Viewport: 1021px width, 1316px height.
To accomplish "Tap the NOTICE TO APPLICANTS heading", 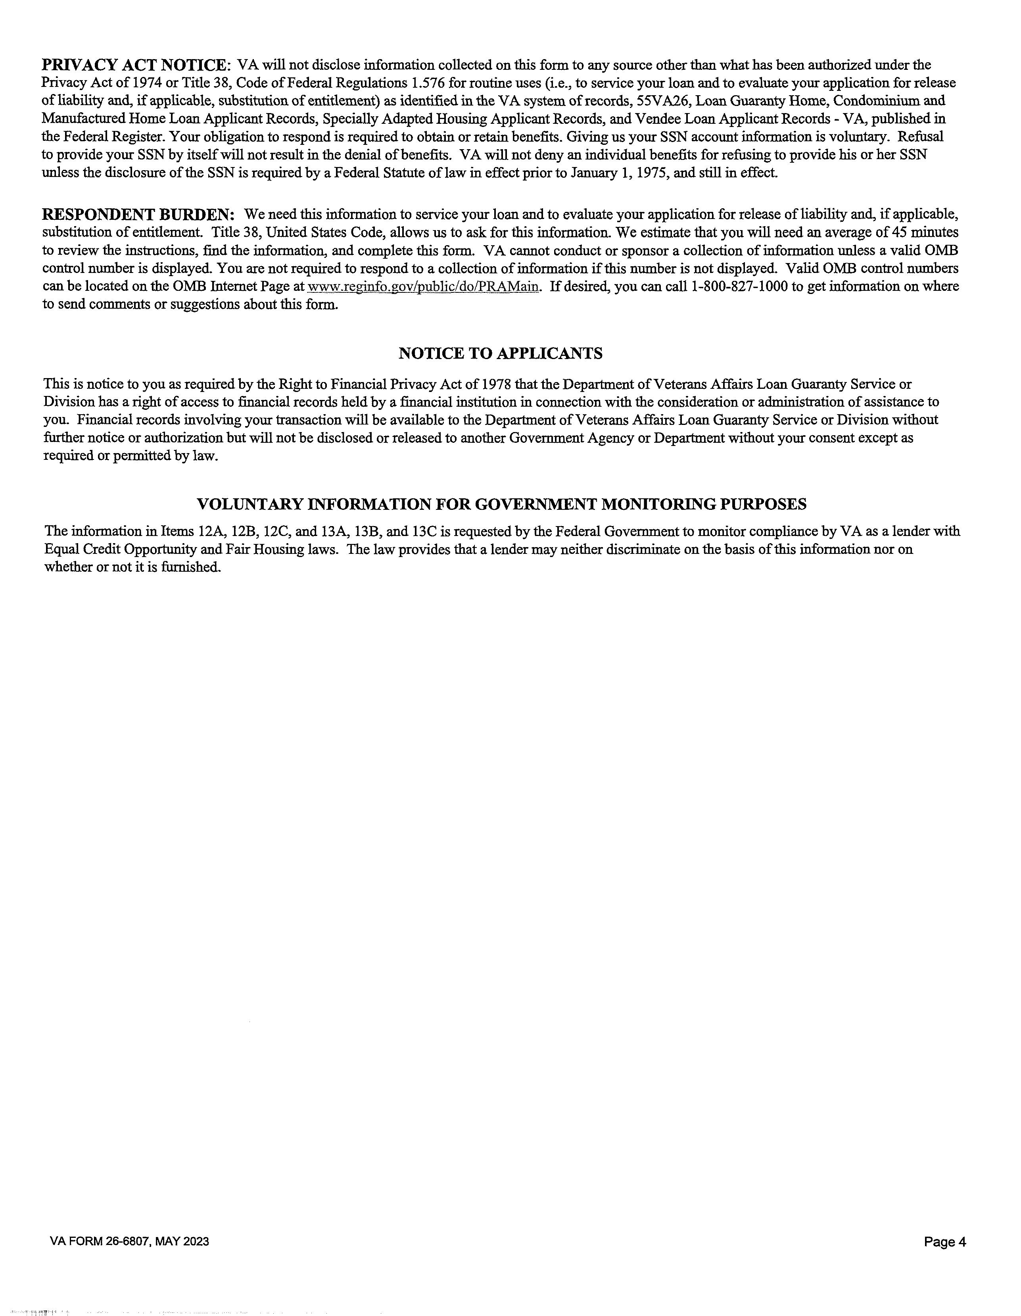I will [500, 354].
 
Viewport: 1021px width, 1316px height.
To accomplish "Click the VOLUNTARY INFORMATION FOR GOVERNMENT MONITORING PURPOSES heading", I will [502, 504].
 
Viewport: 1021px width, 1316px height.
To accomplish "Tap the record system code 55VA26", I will [662, 101].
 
